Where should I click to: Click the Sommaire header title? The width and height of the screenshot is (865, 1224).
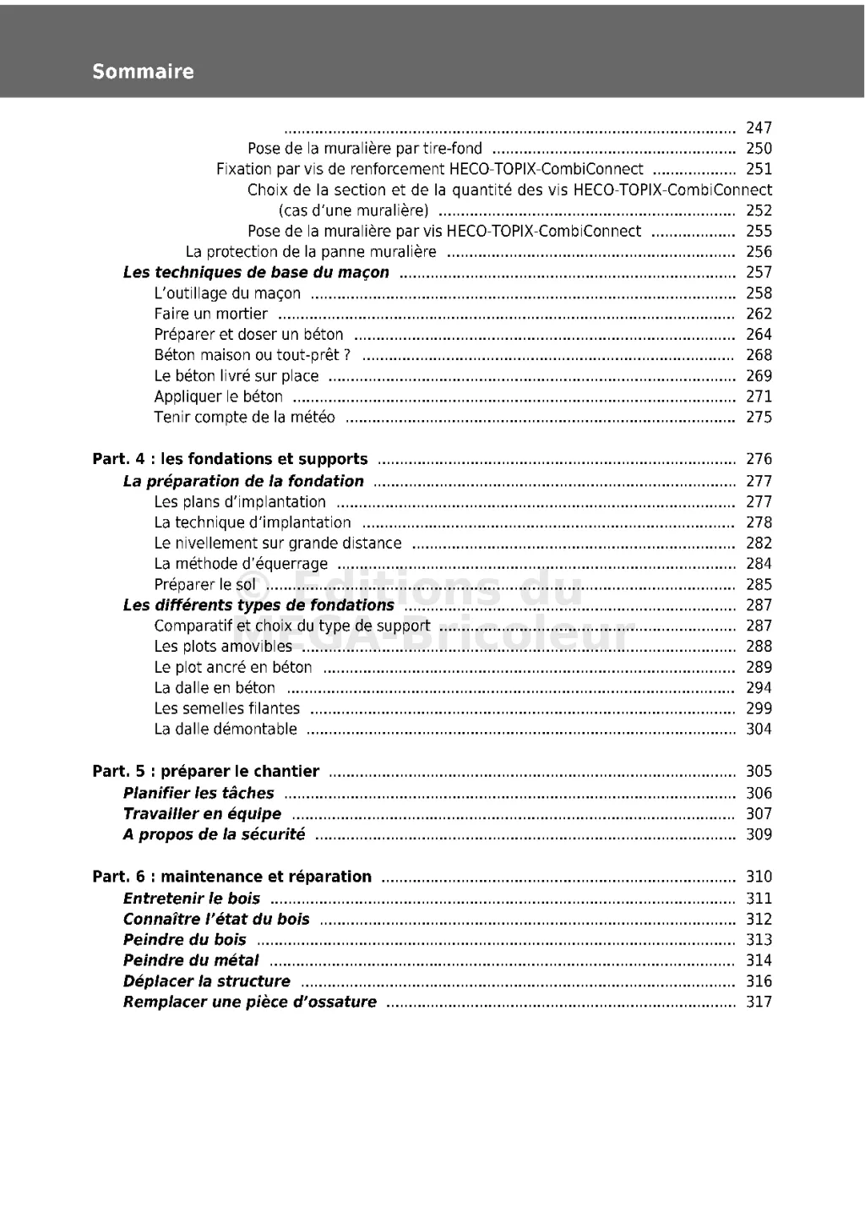[143, 72]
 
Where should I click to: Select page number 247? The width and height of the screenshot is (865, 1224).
[759, 128]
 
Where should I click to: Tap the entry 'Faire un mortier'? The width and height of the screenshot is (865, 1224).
[210, 314]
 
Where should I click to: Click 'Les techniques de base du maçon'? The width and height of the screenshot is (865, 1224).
[256, 272]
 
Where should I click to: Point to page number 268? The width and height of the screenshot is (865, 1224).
[759, 355]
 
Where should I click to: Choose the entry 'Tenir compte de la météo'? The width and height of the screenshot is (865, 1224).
[244, 417]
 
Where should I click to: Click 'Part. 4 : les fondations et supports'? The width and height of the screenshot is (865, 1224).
[230, 459]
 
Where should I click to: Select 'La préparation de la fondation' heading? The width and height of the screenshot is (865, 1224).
[243, 481]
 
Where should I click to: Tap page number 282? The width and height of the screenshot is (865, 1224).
[759, 543]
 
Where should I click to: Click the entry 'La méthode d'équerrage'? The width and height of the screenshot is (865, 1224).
[241, 564]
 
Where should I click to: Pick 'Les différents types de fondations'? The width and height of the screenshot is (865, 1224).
[258, 605]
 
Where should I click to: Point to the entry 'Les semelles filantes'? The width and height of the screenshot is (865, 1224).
[226, 708]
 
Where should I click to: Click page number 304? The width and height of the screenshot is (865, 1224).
[759, 729]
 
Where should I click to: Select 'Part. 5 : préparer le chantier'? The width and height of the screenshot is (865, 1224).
[205, 771]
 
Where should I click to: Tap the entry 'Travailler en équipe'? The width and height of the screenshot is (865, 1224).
[202, 814]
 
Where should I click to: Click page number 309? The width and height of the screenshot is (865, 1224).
[759, 834]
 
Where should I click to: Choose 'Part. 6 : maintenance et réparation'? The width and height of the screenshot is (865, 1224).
[231, 877]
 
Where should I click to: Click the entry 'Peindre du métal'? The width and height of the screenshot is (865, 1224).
[191, 960]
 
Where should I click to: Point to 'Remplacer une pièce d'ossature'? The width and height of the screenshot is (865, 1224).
[249, 1002]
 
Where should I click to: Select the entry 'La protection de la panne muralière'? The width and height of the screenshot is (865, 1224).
[311, 252]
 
